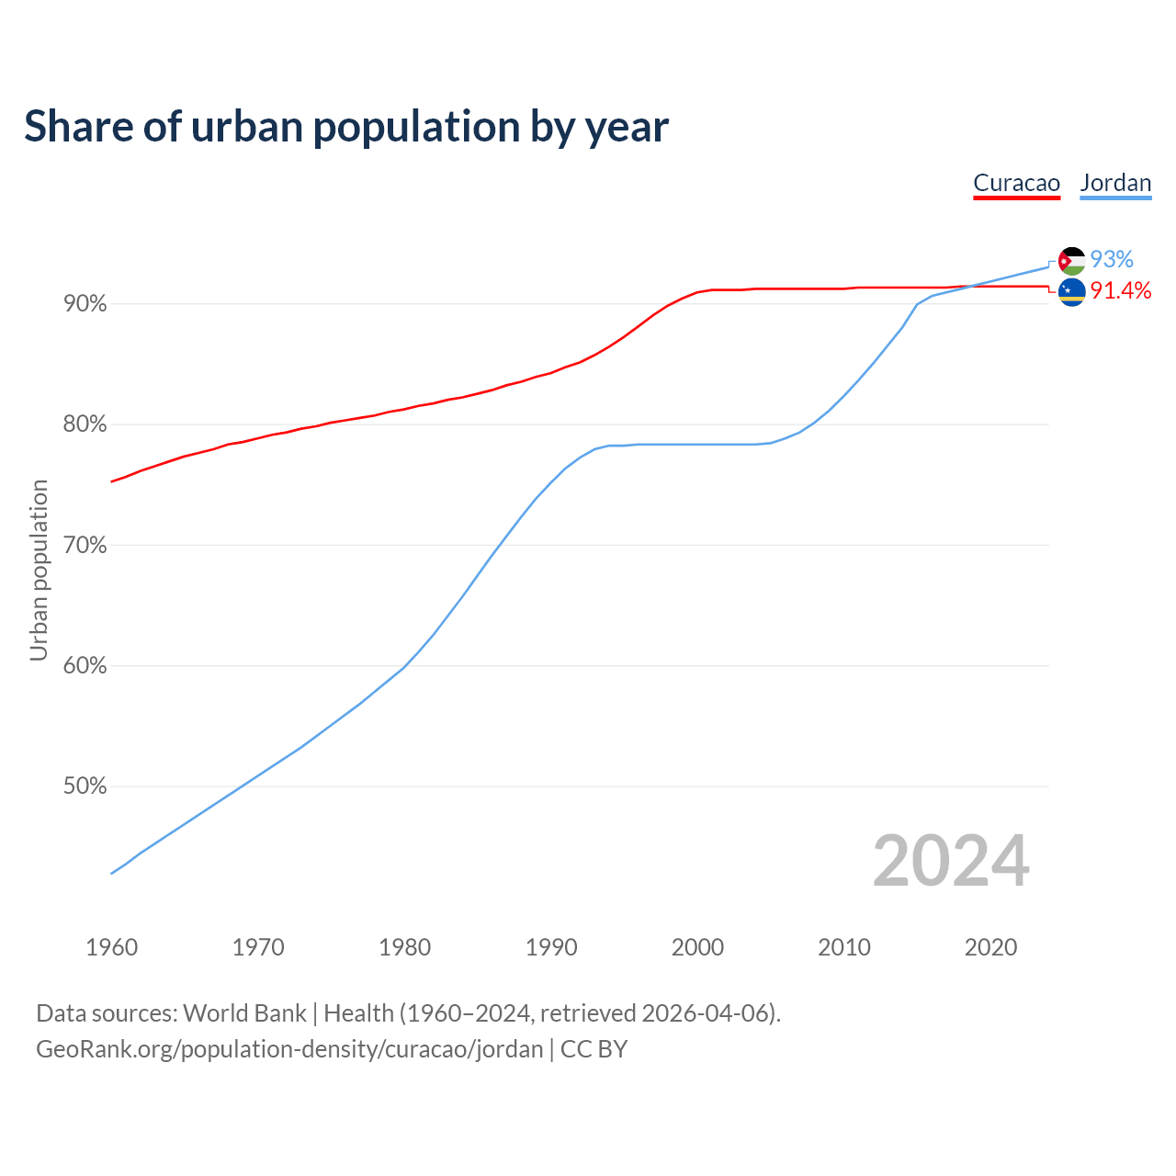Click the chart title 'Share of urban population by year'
click(x=346, y=127)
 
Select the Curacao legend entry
click(x=1016, y=183)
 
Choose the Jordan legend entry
click(x=1115, y=183)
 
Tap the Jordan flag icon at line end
click(x=1071, y=261)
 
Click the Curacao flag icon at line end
click(x=1071, y=292)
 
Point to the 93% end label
click(x=1112, y=260)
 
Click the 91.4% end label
click(x=1120, y=291)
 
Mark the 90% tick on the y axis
click(x=85, y=303)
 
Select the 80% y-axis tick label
click(x=85, y=424)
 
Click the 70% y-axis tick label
click(x=85, y=545)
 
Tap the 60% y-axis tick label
click(x=85, y=666)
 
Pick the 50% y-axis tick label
click(x=85, y=786)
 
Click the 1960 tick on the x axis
click(x=112, y=947)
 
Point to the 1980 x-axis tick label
click(x=405, y=947)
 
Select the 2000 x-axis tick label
click(x=698, y=947)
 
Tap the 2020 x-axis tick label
click(x=990, y=947)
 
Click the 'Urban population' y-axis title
click(x=39, y=570)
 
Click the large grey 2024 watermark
click(x=951, y=861)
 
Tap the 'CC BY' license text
click(x=594, y=1049)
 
